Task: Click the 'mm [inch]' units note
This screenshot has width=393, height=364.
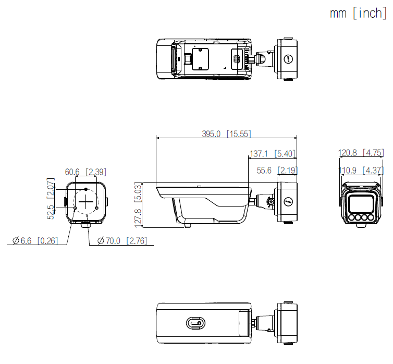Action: click(x=358, y=13)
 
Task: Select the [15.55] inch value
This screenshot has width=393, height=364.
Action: click(x=239, y=134)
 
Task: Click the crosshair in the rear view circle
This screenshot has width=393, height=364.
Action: click(x=87, y=201)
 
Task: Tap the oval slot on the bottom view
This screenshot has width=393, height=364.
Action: click(x=194, y=324)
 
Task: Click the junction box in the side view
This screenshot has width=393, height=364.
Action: click(x=287, y=201)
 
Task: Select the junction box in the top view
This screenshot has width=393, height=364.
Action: click(x=287, y=58)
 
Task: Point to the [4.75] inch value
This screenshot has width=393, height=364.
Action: click(x=374, y=153)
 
